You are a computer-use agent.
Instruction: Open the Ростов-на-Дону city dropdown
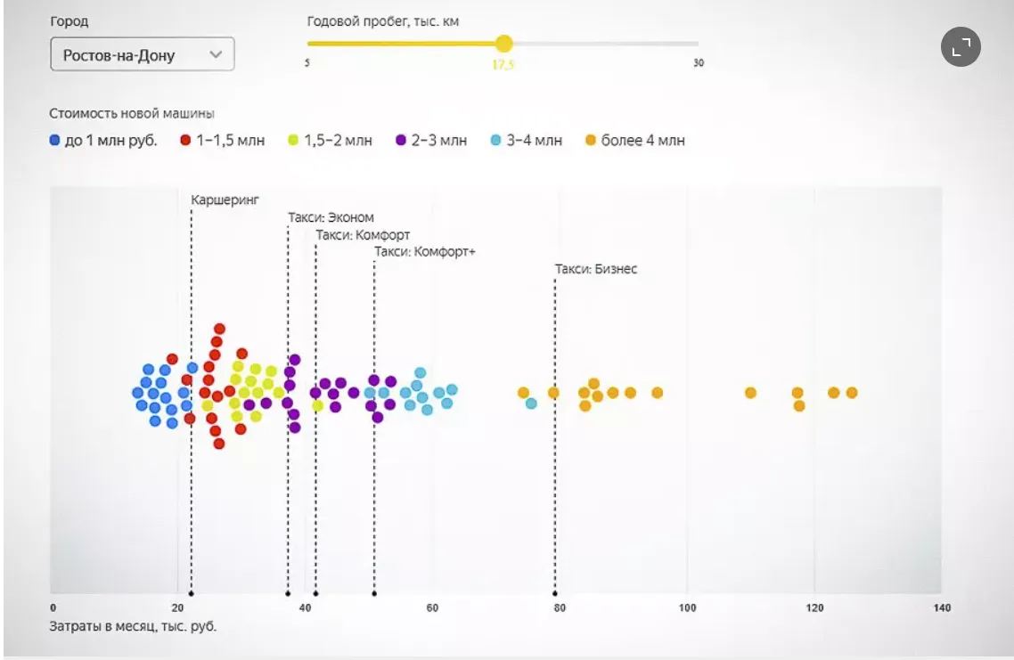pyautogui.click(x=142, y=54)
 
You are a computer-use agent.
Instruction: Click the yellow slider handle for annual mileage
pyautogui.click(x=504, y=43)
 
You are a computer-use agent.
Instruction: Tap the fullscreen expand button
pyautogui.click(x=961, y=47)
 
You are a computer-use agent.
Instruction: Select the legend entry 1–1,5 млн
pyautogui.click(x=223, y=141)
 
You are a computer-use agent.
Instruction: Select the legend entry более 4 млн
pyautogui.click(x=635, y=141)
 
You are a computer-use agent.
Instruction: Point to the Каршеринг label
pyautogui.click(x=225, y=200)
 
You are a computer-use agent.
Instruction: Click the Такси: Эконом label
pyautogui.click(x=331, y=217)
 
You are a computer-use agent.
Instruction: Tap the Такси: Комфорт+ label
pyautogui.click(x=425, y=252)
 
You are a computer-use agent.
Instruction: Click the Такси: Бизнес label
pyautogui.click(x=596, y=269)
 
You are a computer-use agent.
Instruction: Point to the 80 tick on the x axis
pyautogui.click(x=560, y=608)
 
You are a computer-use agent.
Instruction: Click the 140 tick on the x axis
pyautogui.click(x=941, y=608)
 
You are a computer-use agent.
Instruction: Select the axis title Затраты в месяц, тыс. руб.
pyautogui.click(x=133, y=626)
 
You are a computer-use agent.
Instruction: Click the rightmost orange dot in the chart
pyautogui.click(x=852, y=393)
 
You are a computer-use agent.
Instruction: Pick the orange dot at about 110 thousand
pyautogui.click(x=750, y=393)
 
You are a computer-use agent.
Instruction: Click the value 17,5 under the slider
pyautogui.click(x=503, y=64)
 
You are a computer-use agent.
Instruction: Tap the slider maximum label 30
pyautogui.click(x=699, y=63)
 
